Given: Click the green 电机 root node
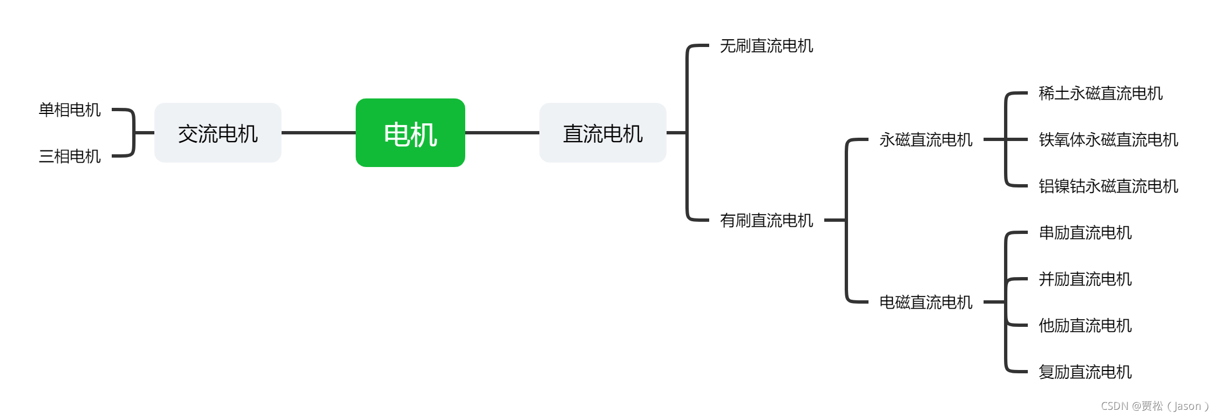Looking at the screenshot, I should tap(410, 133).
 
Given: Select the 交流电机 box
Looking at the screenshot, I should tap(217, 133).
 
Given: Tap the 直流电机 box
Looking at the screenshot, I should tap(602, 133).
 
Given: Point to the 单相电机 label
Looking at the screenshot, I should tap(70, 110).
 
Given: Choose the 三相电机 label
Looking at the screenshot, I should tap(70, 156).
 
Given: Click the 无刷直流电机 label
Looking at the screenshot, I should tap(766, 45).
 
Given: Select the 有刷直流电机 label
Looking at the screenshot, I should tap(766, 220).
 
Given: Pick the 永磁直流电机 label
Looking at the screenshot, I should tap(925, 139).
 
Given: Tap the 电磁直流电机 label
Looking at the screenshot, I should tap(925, 302).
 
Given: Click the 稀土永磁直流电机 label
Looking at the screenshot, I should tap(1100, 93).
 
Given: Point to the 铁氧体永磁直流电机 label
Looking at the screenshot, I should tap(1108, 139).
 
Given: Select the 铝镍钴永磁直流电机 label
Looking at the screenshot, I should tap(1108, 186).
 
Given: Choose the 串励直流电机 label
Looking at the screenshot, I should tap(1085, 232).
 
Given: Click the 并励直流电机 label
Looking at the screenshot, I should tap(1085, 279).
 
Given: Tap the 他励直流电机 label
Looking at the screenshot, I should tap(1085, 325).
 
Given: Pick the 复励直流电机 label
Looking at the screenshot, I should tap(1085, 372).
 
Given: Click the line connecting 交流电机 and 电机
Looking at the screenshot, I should tap(318, 133).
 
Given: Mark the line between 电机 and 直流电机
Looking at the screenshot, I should tap(502, 133).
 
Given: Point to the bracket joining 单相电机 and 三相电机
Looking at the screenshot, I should tap(133, 133).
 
